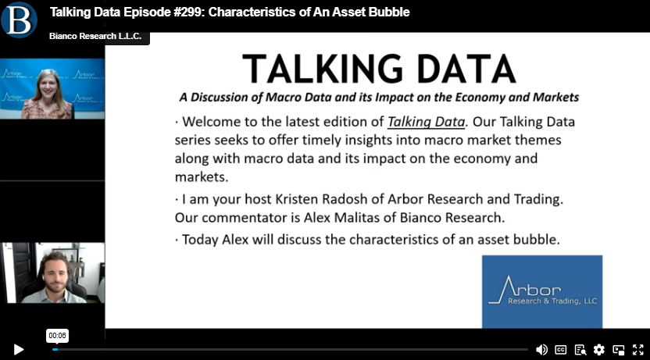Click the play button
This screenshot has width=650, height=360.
(18, 350)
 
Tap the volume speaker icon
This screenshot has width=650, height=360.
(541, 350)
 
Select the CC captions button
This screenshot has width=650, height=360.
(561, 350)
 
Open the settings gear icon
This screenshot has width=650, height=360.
(599, 350)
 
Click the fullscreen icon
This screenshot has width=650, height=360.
(638, 350)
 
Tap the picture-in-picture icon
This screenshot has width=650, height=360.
(619, 350)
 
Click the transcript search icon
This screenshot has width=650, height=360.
(580, 350)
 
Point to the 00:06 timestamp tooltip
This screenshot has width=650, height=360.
(57, 336)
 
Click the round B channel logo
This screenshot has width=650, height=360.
(19, 20)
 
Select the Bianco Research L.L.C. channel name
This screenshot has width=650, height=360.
(95, 36)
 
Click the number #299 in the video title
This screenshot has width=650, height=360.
(188, 12)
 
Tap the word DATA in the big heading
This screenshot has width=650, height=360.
(466, 69)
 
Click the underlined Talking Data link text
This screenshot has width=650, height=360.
(426, 122)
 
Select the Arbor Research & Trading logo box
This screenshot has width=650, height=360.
(542, 291)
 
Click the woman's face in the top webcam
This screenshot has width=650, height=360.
(48, 84)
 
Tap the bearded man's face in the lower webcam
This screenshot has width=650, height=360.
(55, 276)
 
